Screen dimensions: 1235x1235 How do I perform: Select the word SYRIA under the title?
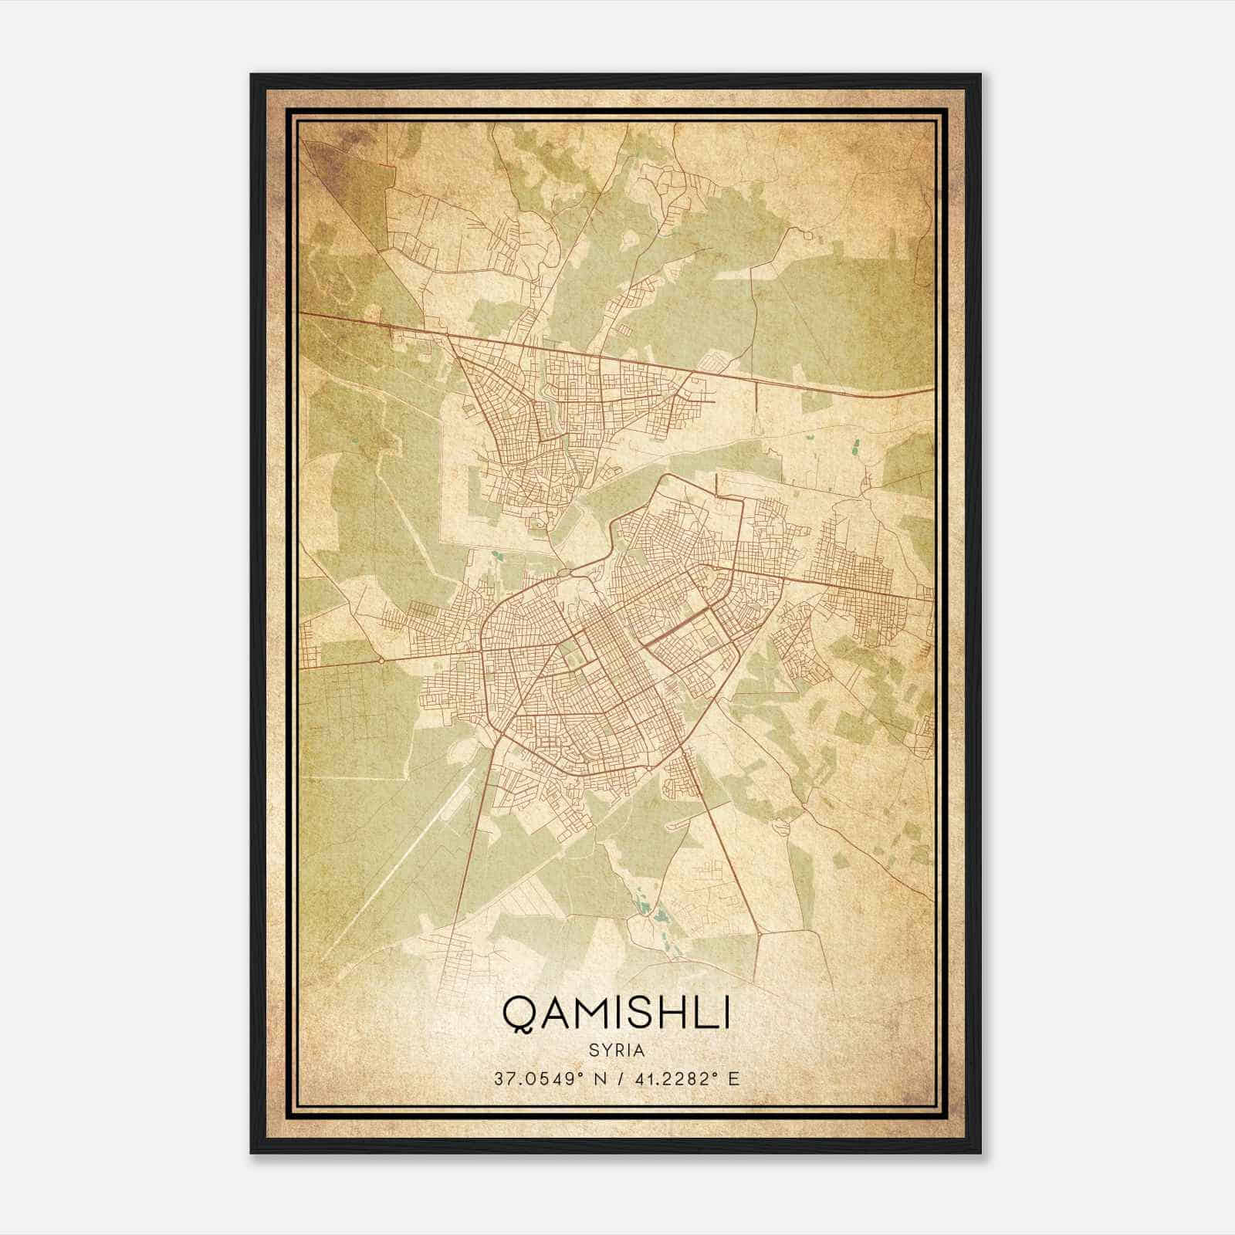(616, 1051)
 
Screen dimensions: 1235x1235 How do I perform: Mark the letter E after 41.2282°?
(733, 1078)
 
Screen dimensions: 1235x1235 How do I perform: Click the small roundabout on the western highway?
(381, 661)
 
